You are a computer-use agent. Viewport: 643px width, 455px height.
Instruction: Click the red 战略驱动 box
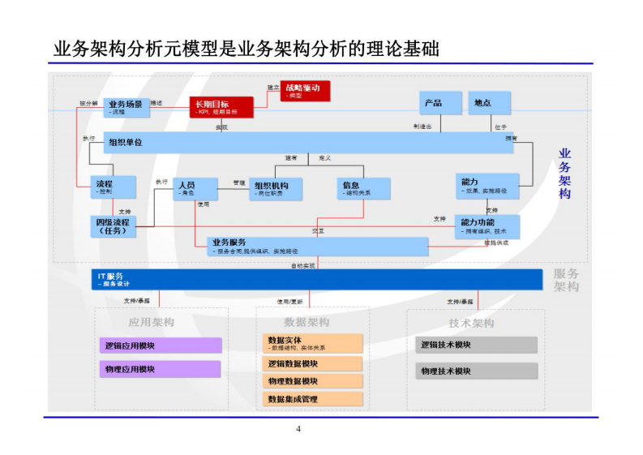tap(306, 90)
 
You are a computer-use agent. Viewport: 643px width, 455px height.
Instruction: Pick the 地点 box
tap(490, 103)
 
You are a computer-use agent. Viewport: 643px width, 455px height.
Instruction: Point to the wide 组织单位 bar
tap(308, 143)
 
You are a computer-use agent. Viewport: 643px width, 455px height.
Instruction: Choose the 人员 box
tap(196, 188)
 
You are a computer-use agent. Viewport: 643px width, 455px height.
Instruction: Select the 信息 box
tap(363, 188)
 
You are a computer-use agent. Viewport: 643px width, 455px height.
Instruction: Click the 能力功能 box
tap(487, 225)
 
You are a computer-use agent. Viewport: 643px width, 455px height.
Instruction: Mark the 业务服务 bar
tap(311, 246)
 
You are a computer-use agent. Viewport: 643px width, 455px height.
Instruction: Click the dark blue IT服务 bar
tap(315, 279)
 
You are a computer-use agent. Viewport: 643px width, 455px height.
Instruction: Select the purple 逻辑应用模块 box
tap(158, 346)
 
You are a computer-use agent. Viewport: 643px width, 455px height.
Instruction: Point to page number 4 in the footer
tap(298, 428)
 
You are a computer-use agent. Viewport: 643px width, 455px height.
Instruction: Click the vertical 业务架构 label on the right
tap(565, 174)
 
